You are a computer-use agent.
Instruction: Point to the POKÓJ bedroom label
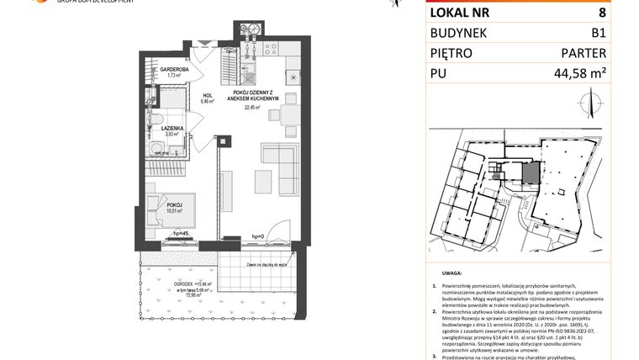174,204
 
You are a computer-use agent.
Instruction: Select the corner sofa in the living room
282,164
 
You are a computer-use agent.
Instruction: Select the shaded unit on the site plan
531,174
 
